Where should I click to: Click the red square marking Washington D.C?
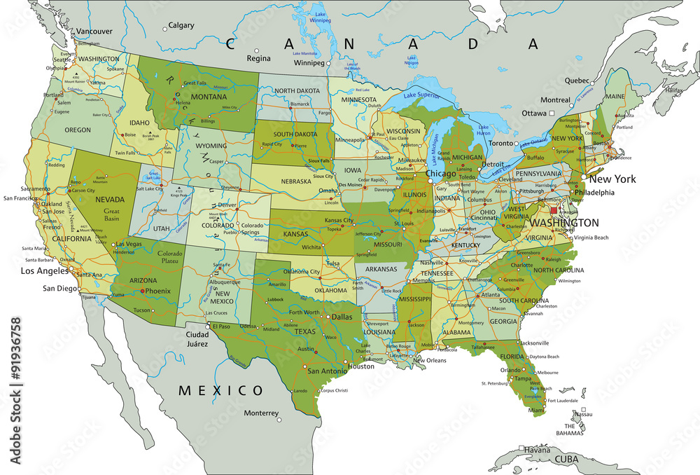point(554,210)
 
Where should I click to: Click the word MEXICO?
point(220,390)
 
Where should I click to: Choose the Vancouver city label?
point(94,32)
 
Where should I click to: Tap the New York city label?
point(614,179)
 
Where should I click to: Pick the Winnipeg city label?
point(309,63)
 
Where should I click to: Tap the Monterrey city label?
point(261,412)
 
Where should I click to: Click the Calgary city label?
point(181,25)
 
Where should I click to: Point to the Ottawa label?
point(534,113)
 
